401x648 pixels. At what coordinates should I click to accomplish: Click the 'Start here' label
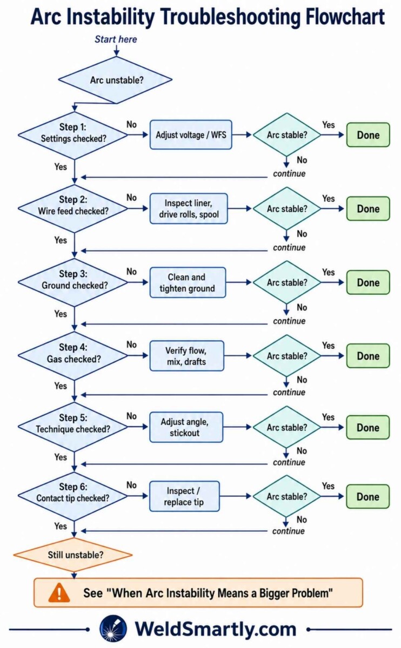[x=116, y=39]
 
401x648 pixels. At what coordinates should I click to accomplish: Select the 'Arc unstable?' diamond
[x=116, y=80]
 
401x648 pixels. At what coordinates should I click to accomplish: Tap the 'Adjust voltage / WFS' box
[x=191, y=135]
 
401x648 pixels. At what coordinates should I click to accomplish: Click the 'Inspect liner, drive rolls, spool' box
[x=189, y=208]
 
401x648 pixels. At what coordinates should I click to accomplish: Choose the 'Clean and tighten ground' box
[x=188, y=282]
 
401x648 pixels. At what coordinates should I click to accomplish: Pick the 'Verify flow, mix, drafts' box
[x=187, y=356]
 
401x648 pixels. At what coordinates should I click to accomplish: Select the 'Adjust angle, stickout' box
[x=186, y=427]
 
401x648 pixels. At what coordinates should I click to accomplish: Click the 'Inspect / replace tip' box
[x=184, y=496]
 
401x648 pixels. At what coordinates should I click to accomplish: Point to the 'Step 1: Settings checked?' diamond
[x=73, y=135]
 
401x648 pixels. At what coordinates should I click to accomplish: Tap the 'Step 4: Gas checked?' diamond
[x=73, y=356]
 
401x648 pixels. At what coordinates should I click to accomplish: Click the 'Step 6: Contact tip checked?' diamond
[x=72, y=496]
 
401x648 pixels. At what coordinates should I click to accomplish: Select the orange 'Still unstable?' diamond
[x=73, y=555]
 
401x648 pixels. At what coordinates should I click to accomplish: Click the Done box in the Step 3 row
[x=368, y=282]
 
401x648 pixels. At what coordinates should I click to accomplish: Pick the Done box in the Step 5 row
[x=367, y=427]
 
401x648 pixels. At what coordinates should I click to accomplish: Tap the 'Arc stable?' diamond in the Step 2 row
[x=286, y=208]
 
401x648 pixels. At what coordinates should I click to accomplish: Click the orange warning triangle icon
[x=59, y=593]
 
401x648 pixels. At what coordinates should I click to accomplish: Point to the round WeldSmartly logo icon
[x=113, y=629]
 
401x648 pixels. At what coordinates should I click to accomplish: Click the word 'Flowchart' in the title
[x=345, y=17]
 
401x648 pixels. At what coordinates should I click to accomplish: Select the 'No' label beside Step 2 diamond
[x=131, y=198]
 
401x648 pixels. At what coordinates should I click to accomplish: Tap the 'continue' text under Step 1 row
[x=289, y=173]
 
